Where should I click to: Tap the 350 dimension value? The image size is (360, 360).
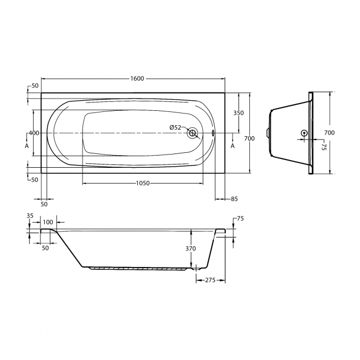tap(238, 112)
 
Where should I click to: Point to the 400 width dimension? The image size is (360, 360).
tap(33, 133)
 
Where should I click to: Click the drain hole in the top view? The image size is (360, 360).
tap(193, 133)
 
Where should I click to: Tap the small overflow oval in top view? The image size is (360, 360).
tap(214, 133)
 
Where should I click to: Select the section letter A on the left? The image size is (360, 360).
tap(26, 146)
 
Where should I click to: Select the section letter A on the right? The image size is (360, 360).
tap(233, 146)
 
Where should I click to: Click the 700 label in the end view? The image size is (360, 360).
tap(329, 132)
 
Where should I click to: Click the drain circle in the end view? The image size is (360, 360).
tap(304, 133)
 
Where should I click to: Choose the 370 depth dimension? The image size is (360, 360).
tap(191, 249)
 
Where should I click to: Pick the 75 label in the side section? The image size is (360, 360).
tap(240, 219)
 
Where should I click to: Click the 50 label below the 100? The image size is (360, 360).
tap(45, 248)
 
